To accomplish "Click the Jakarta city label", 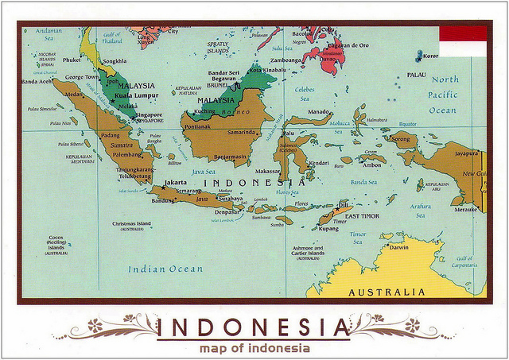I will coord(175,183).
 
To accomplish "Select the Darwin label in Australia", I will coord(398,247).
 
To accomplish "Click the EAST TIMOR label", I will coord(362,216).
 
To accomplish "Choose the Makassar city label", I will coord(268,171).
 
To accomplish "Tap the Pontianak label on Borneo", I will coord(196,126).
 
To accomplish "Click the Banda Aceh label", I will coord(37,82).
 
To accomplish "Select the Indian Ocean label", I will coord(165,269).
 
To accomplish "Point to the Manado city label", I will coord(319,112).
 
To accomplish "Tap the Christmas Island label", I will coord(132,224).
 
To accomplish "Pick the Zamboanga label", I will coord(286,60).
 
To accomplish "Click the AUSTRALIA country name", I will coord(387,292).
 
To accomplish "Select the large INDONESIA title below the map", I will coord(253,327).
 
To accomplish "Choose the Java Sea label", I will coord(204,171).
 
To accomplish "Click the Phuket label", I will coord(72,60).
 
